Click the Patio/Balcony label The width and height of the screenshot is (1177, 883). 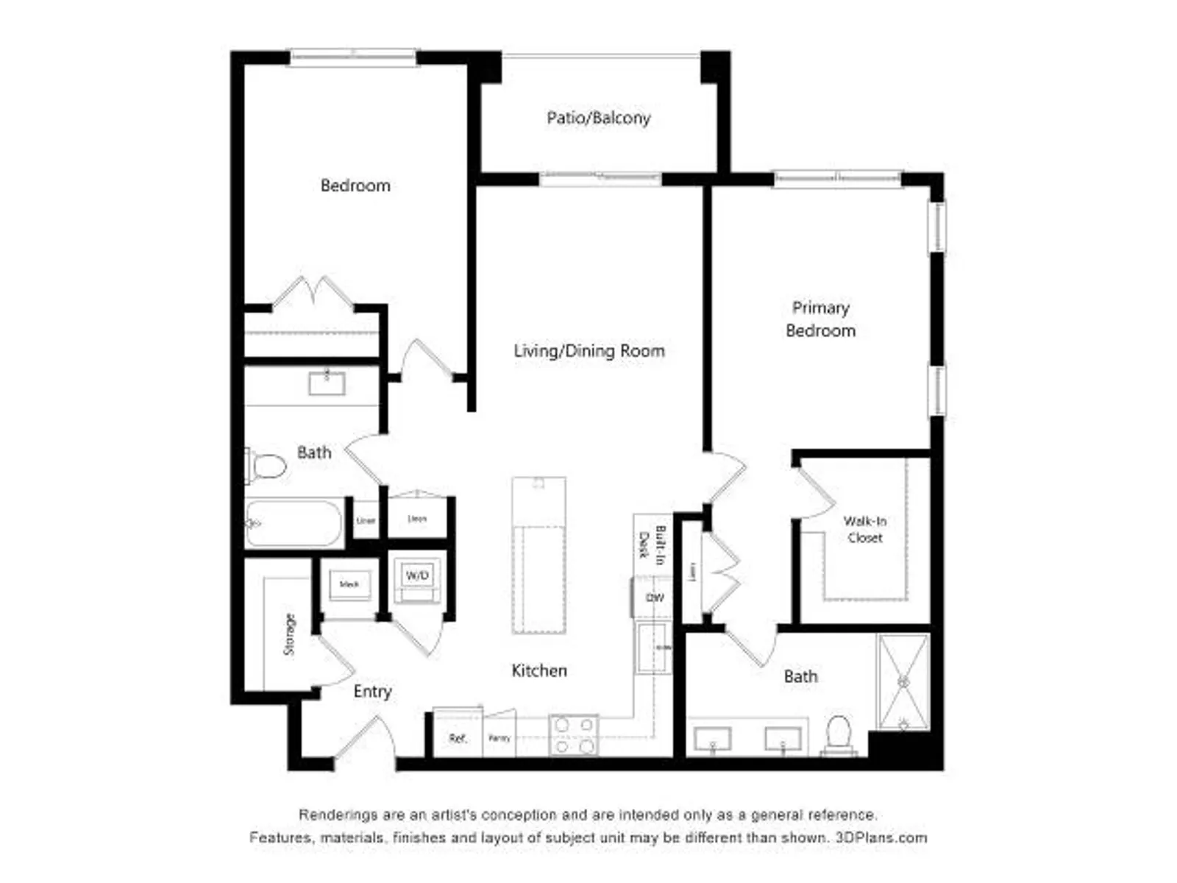point(598,118)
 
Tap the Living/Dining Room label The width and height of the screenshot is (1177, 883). point(588,351)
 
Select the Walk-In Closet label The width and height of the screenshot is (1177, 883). point(865,529)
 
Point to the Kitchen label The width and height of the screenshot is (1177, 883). point(539,670)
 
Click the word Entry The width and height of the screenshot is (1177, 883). point(372,691)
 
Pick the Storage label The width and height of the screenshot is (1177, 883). point(290,634)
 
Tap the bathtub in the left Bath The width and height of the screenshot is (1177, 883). point(294,523)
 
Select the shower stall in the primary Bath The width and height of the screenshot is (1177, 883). point(904,682)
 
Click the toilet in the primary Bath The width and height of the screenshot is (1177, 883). point(839,734)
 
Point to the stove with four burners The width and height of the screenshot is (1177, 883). point(574,735)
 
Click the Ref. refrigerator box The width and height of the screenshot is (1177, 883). point(458,737)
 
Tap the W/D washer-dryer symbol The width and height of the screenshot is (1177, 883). point(417,576)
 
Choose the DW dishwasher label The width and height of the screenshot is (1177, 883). point(654,597)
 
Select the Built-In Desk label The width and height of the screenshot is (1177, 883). point(652,545)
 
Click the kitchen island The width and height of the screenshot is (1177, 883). point(539,556)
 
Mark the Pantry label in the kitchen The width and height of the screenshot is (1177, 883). point(499,738)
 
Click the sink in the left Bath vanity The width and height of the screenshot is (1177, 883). point(327,383)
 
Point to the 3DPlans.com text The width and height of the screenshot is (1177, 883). point(881,837)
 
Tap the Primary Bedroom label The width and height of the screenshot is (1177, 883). point(820,319)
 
